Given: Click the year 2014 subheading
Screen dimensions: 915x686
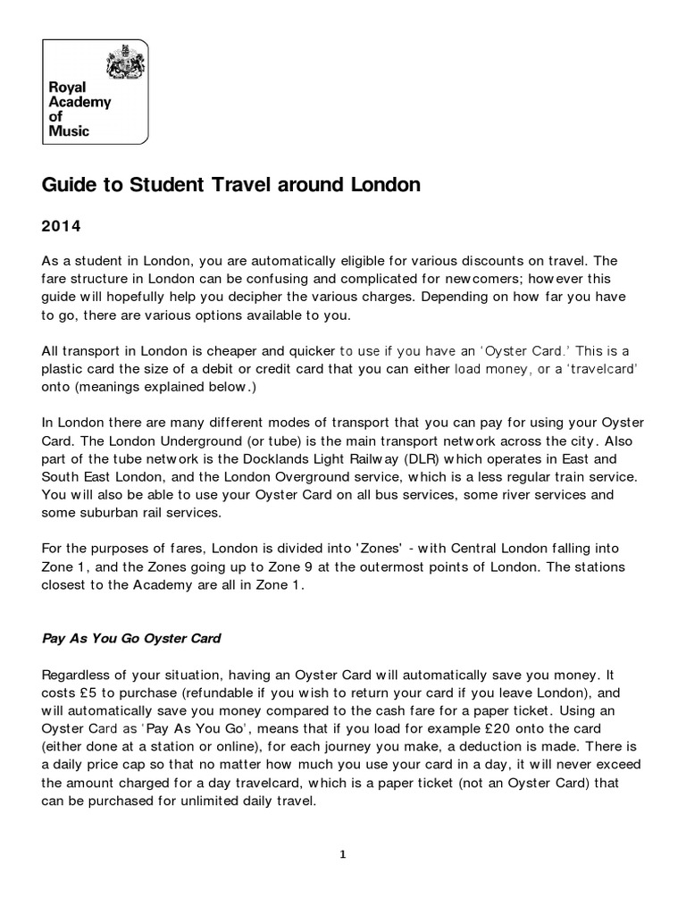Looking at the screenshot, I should (x=62, y=226).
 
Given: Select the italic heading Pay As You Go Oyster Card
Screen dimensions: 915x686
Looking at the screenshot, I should (x=131, y=639).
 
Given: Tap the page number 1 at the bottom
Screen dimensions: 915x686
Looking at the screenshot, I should (x=343, y=854).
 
